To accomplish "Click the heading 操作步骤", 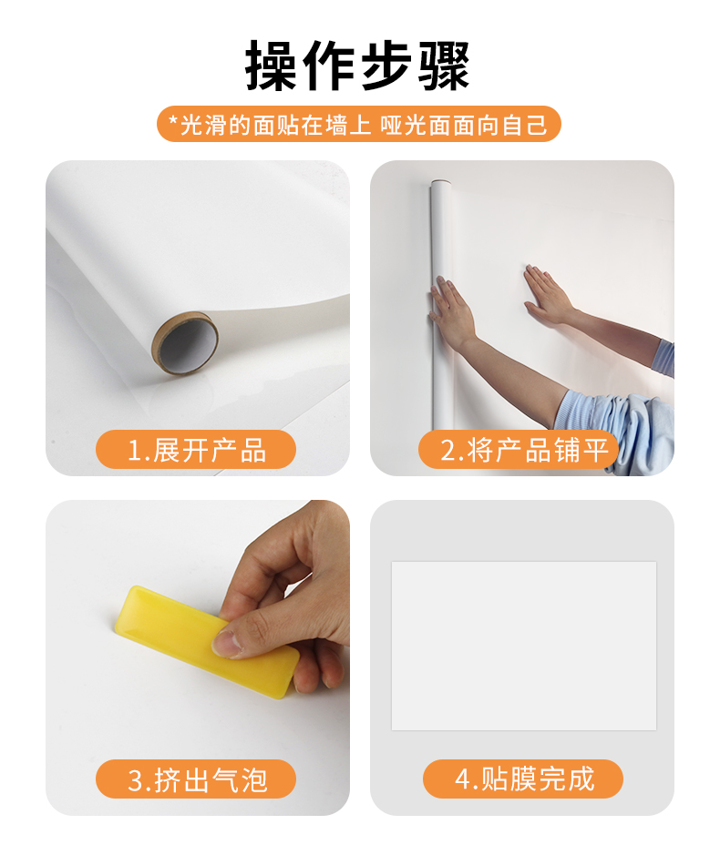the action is click(x=357, y=66).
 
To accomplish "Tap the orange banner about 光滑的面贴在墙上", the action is click(x=359, y=125).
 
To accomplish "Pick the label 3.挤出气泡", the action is click(x=196, y=779).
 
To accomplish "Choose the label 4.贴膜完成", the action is click(x=523, y=779).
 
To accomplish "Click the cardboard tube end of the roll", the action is click(x=185, y=343).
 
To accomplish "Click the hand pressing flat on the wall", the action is click(x=548, y=295).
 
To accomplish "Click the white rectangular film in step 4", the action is click(x=524, y=646).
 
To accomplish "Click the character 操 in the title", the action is click(x=271, y=66).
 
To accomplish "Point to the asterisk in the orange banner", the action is click(x=173, y=120).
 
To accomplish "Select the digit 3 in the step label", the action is click(x=135, y=780).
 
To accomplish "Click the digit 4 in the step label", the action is click(x=463, y=779).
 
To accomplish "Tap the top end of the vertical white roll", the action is click(x=440, y=183).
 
